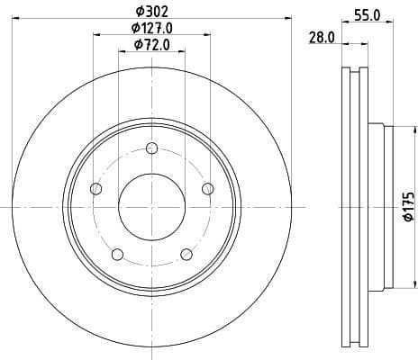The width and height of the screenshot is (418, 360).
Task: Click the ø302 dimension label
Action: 151,10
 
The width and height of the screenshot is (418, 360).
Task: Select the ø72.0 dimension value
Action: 151,44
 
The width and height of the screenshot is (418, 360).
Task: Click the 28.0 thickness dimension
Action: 321,38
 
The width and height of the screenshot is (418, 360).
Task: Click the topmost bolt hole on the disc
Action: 150,149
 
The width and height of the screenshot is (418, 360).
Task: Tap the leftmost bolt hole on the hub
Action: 96,188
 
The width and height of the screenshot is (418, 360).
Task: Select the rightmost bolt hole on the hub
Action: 207,188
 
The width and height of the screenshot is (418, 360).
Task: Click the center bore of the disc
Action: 151,206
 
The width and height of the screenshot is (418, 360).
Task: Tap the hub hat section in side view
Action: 378,206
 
